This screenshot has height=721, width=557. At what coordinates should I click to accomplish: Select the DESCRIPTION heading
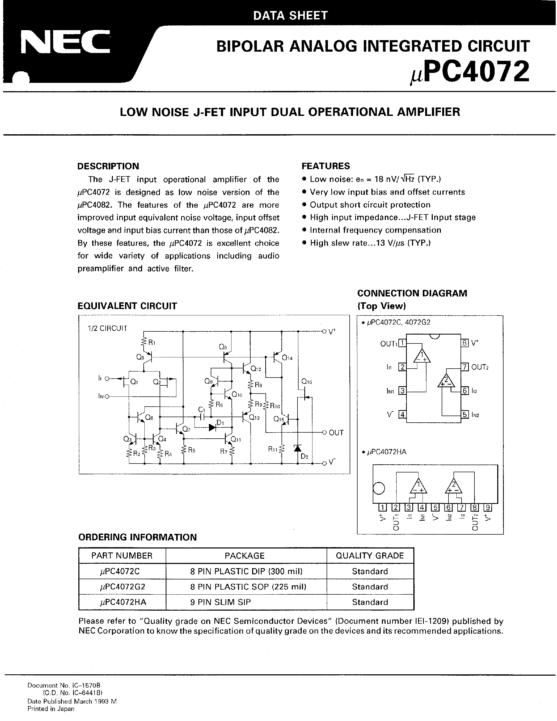point(108,166)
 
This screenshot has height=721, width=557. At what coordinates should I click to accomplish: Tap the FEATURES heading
point(326,166)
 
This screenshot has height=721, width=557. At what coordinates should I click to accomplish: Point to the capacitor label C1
point(202,410)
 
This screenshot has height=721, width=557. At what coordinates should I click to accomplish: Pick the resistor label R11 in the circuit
point(273,449)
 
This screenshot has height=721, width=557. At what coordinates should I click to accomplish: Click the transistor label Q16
point(307,382)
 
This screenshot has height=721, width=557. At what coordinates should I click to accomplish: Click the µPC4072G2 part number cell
point(122,587)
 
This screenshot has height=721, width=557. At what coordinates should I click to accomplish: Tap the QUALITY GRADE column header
point(370,556)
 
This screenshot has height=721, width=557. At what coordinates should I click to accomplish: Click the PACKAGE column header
point(245,556)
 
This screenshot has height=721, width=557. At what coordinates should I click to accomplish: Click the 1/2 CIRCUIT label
point(107,328)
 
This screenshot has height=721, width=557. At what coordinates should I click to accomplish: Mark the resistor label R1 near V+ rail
point(152,343)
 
